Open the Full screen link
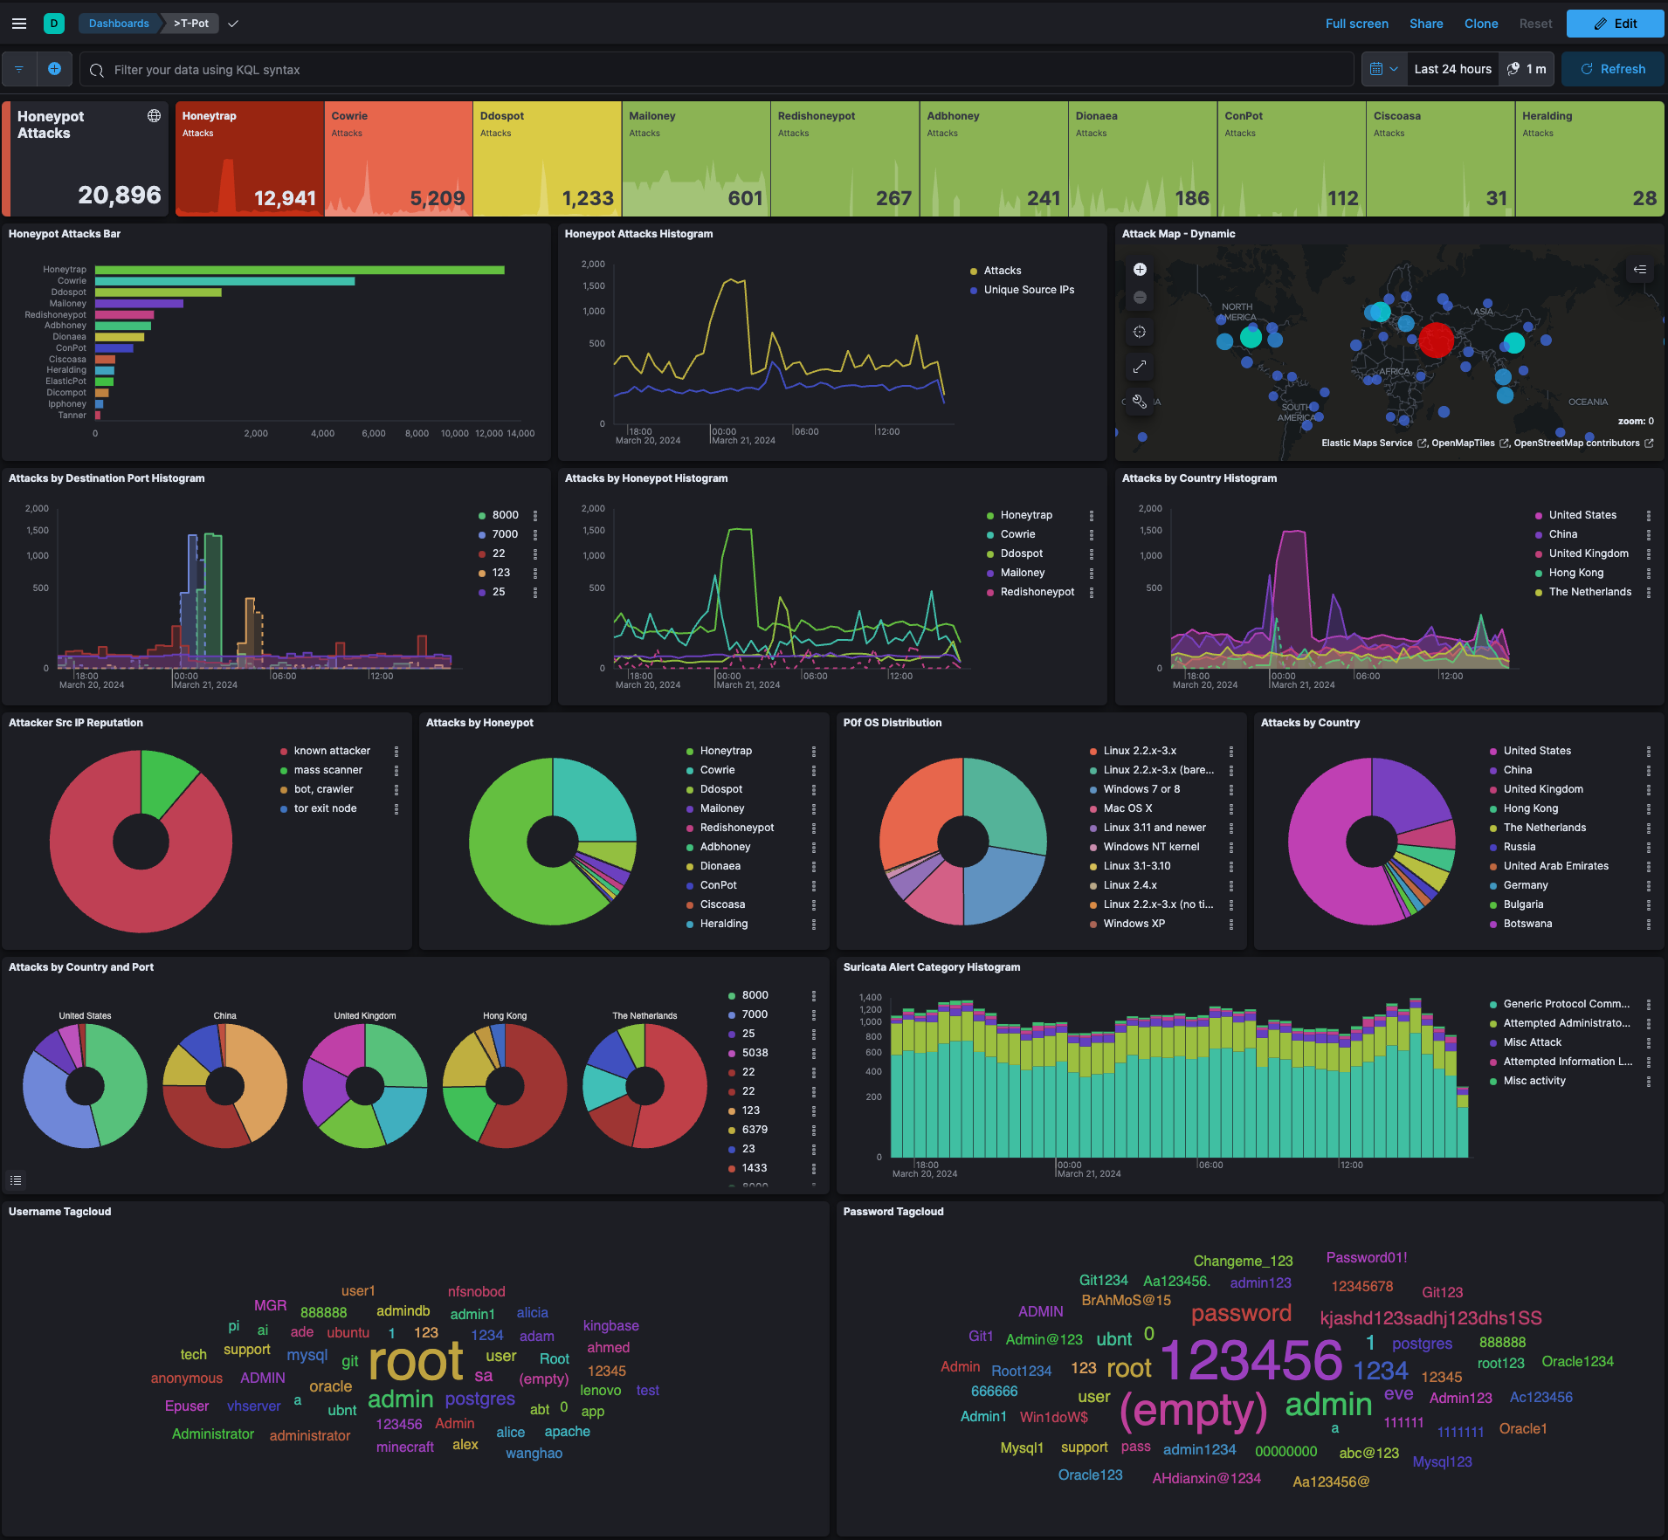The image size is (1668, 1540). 1356,24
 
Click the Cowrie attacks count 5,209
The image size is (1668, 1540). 437,198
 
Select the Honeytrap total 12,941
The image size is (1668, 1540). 285,198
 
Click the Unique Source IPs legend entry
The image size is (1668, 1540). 1028,290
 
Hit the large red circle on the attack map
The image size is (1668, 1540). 1436,340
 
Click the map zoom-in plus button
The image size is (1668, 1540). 1140,270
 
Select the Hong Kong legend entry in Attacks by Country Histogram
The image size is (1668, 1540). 1575,573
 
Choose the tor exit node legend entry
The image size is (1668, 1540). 325,808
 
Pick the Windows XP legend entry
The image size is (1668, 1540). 1134,924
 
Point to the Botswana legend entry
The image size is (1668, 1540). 1527,924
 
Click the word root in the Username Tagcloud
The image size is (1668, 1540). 416,1362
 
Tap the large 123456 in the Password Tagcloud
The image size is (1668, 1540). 1251,1360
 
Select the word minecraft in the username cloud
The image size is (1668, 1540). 404,1447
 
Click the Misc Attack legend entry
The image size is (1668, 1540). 1532,1042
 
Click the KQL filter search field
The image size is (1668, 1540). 716,70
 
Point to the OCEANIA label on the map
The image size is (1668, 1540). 1588,402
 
